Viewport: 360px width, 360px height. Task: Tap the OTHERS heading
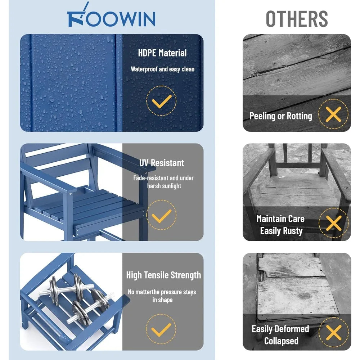click(297, 19)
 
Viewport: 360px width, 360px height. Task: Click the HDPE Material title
click(162, 53)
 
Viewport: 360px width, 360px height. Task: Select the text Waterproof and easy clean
click(163, 69)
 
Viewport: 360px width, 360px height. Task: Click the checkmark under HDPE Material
click(161, 101)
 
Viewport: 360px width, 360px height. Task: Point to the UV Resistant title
click(162, 163)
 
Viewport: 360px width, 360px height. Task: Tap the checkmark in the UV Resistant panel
click(161, 215)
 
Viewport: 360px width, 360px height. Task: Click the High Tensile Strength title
click(163, 275)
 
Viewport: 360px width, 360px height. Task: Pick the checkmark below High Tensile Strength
click(161, 329)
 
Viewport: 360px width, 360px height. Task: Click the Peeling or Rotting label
click(280, 116)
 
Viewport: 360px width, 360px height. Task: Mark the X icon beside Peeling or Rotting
click(333, 114)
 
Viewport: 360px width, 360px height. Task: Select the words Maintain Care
click(280, 219)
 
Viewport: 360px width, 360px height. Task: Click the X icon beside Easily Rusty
click(334, 223)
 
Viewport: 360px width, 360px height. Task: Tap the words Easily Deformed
click(280, 329)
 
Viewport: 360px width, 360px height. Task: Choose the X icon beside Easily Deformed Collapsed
click(334, 332)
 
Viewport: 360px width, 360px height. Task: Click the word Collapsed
click(281, 341)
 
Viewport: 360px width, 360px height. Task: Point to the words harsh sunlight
click(164, 186)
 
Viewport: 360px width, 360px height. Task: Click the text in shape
click(162, 300)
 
